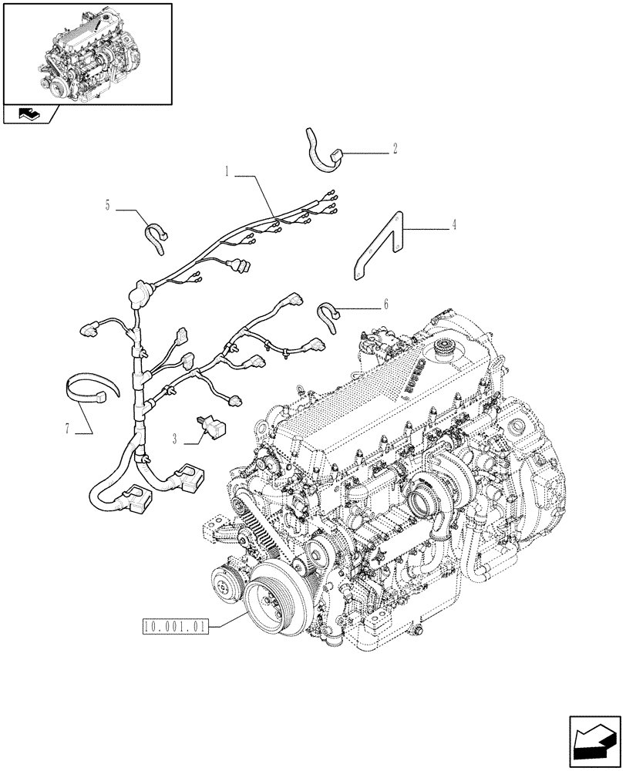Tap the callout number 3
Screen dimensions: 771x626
(x=177, y=439)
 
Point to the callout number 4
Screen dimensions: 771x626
(x=454, y=226)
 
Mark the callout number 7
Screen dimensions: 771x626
(x=69, y=429)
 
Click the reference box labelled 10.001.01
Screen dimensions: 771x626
(x=174, y=625)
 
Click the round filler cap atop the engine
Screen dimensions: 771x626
(x=445, y=348)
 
